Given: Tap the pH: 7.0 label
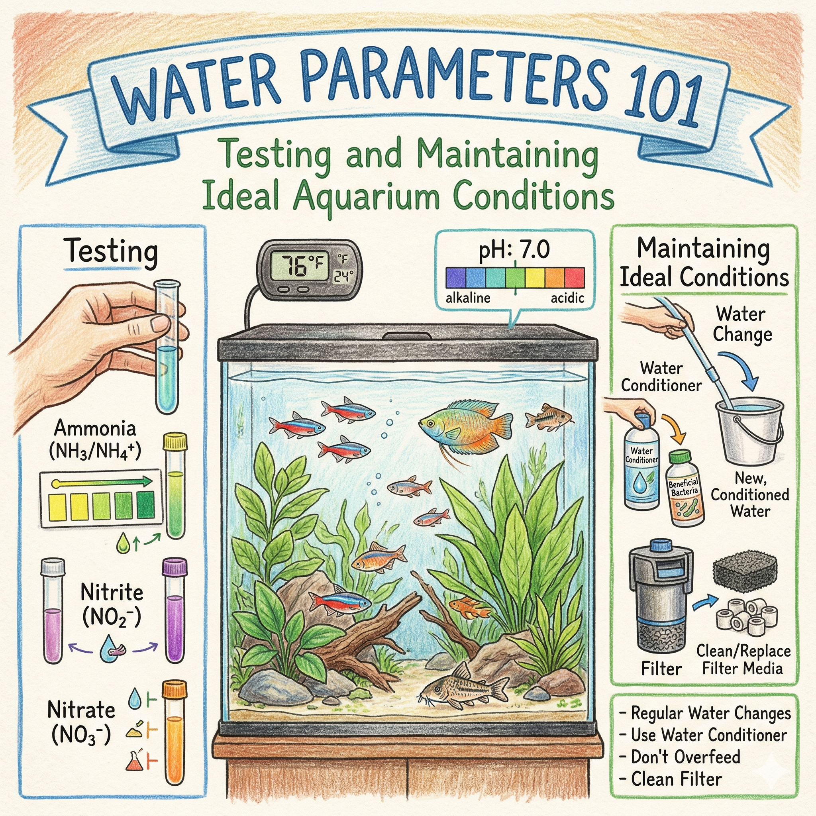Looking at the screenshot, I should click(514, 250).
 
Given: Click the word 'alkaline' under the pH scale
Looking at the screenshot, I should click(468, 298).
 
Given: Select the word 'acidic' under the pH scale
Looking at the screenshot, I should click(567, 298).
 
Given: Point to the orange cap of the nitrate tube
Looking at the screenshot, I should click(175, 689).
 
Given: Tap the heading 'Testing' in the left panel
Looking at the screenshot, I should click(111, 252).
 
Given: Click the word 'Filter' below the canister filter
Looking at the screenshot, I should click(661, 669).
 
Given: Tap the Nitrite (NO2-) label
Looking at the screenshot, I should click(112, 604).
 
